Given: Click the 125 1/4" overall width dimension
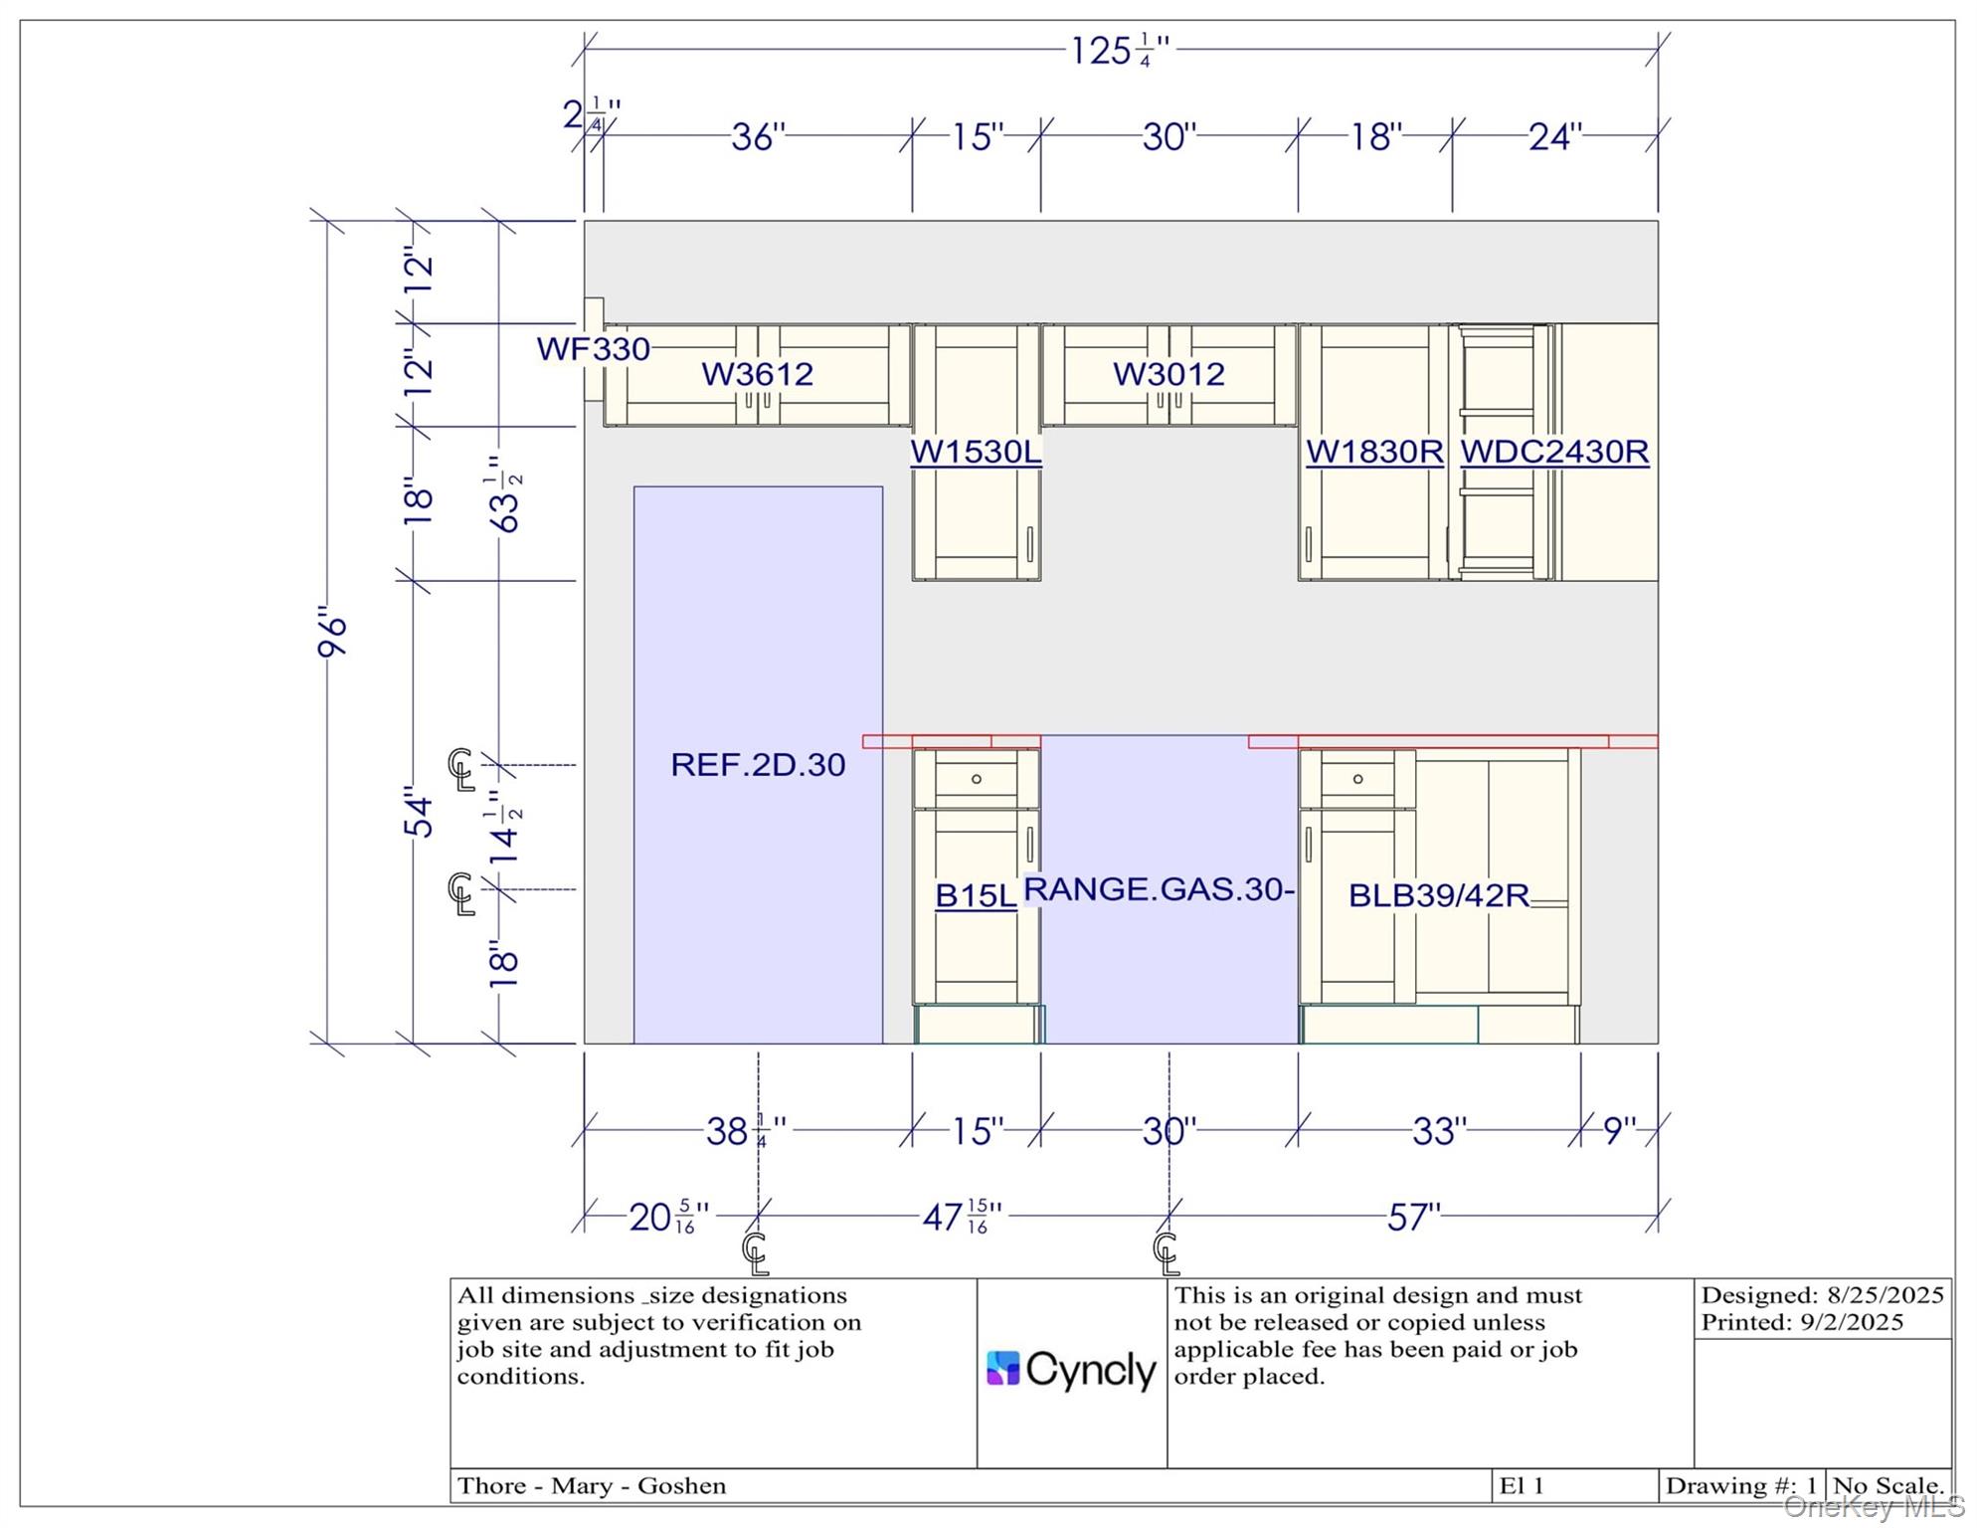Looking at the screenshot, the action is [1120, 50].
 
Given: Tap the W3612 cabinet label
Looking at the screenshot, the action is [758, 374].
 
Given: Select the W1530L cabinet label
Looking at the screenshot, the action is [976, 452].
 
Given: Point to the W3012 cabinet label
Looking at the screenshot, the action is [1168, 374].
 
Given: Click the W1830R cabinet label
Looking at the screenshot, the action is [1374, 452].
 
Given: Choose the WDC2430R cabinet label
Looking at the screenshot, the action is [1554, 452].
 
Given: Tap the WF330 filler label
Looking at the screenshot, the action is [594, 349].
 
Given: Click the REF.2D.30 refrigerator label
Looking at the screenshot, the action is [758, 764].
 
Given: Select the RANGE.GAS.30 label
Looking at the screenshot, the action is [1159, 888].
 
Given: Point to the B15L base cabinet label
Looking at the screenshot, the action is [976, 895].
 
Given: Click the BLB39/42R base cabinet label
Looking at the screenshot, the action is [1438, 895].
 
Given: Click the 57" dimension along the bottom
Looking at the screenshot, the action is [1413, 1217].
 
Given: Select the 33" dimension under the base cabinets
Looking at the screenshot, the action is [1439, 1131].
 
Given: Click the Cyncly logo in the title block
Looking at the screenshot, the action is [1071, 1370].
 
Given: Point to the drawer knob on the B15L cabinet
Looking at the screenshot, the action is [977, 779].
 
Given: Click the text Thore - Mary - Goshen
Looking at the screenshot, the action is [592, 1486].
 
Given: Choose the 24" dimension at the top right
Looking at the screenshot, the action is [1554, 136].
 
